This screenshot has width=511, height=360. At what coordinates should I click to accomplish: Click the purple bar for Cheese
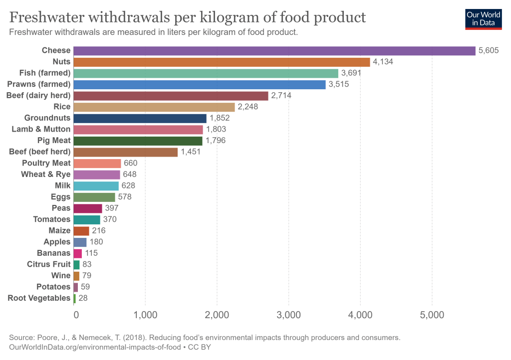click(274, 50)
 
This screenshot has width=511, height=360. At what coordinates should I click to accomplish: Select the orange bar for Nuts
click(222, 62)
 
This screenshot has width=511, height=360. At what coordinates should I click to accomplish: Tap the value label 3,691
click(351, 73)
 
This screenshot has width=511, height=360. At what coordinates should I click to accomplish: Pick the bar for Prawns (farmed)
click(199, 84)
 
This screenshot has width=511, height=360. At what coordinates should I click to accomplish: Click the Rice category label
click(62, 107)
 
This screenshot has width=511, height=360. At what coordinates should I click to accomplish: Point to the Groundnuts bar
click(140, 118)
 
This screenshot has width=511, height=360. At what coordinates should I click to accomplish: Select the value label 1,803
click(216, 129)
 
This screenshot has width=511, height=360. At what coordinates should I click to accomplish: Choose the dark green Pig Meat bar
click(138, 141)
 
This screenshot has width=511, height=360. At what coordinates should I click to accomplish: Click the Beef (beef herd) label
click(40, 152)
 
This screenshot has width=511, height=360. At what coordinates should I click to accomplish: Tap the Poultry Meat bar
click(97, 163)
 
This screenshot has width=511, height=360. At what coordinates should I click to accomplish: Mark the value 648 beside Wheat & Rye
click(130, 175)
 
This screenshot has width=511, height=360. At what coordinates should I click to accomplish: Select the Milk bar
click(96, 185)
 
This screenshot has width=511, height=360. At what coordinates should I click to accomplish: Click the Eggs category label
click(60, 197)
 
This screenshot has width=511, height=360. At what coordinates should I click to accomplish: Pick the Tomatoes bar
click(87, 219)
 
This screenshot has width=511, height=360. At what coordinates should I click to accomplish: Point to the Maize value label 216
click(99, 230)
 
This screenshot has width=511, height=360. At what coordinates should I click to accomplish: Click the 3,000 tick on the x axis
click(289, 315)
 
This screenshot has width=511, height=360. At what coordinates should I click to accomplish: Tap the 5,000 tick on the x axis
click(432, 315)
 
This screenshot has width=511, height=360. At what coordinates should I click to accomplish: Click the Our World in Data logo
click(483, 18)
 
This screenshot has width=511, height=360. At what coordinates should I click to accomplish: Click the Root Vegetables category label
click(39, 298)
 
